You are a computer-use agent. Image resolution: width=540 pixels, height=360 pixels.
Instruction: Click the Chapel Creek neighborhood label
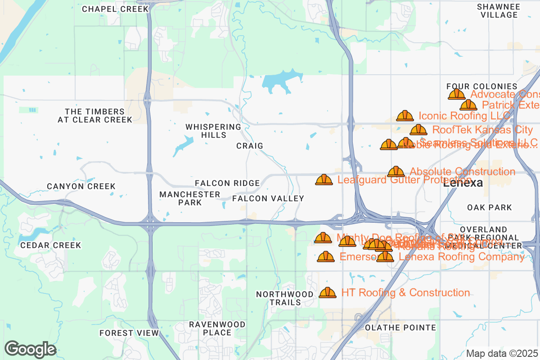[x=115, y=9]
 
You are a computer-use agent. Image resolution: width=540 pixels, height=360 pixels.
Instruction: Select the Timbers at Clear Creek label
[x=94, y=116]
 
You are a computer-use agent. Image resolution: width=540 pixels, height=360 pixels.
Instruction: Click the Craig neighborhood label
[x=250, y=146]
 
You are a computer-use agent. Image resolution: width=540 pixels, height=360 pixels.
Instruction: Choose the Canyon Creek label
[x=81, y=186]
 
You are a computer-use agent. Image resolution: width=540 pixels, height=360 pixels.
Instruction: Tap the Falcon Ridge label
[x=227, y=183]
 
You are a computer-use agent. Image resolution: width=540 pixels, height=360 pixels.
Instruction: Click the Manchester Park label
[x=190, y=198]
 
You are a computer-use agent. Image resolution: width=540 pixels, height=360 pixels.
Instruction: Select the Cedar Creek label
[x=50, y=245]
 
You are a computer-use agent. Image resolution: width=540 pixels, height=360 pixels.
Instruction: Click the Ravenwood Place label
[x=217, y=328]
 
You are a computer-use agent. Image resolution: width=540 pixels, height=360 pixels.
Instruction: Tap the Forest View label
[x=129, y=333]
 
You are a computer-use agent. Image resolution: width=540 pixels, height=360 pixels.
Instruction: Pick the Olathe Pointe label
[x=400, y=328]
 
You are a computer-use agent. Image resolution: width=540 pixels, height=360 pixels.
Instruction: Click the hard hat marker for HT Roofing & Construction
[x=328, y=292]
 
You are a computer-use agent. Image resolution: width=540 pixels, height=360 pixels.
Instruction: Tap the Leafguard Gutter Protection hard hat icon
[x=324, y=180]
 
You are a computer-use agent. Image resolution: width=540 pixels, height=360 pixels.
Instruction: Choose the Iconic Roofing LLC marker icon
[x=405, y=116]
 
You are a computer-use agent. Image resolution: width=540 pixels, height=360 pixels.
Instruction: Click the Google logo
[x=30, y=349]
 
